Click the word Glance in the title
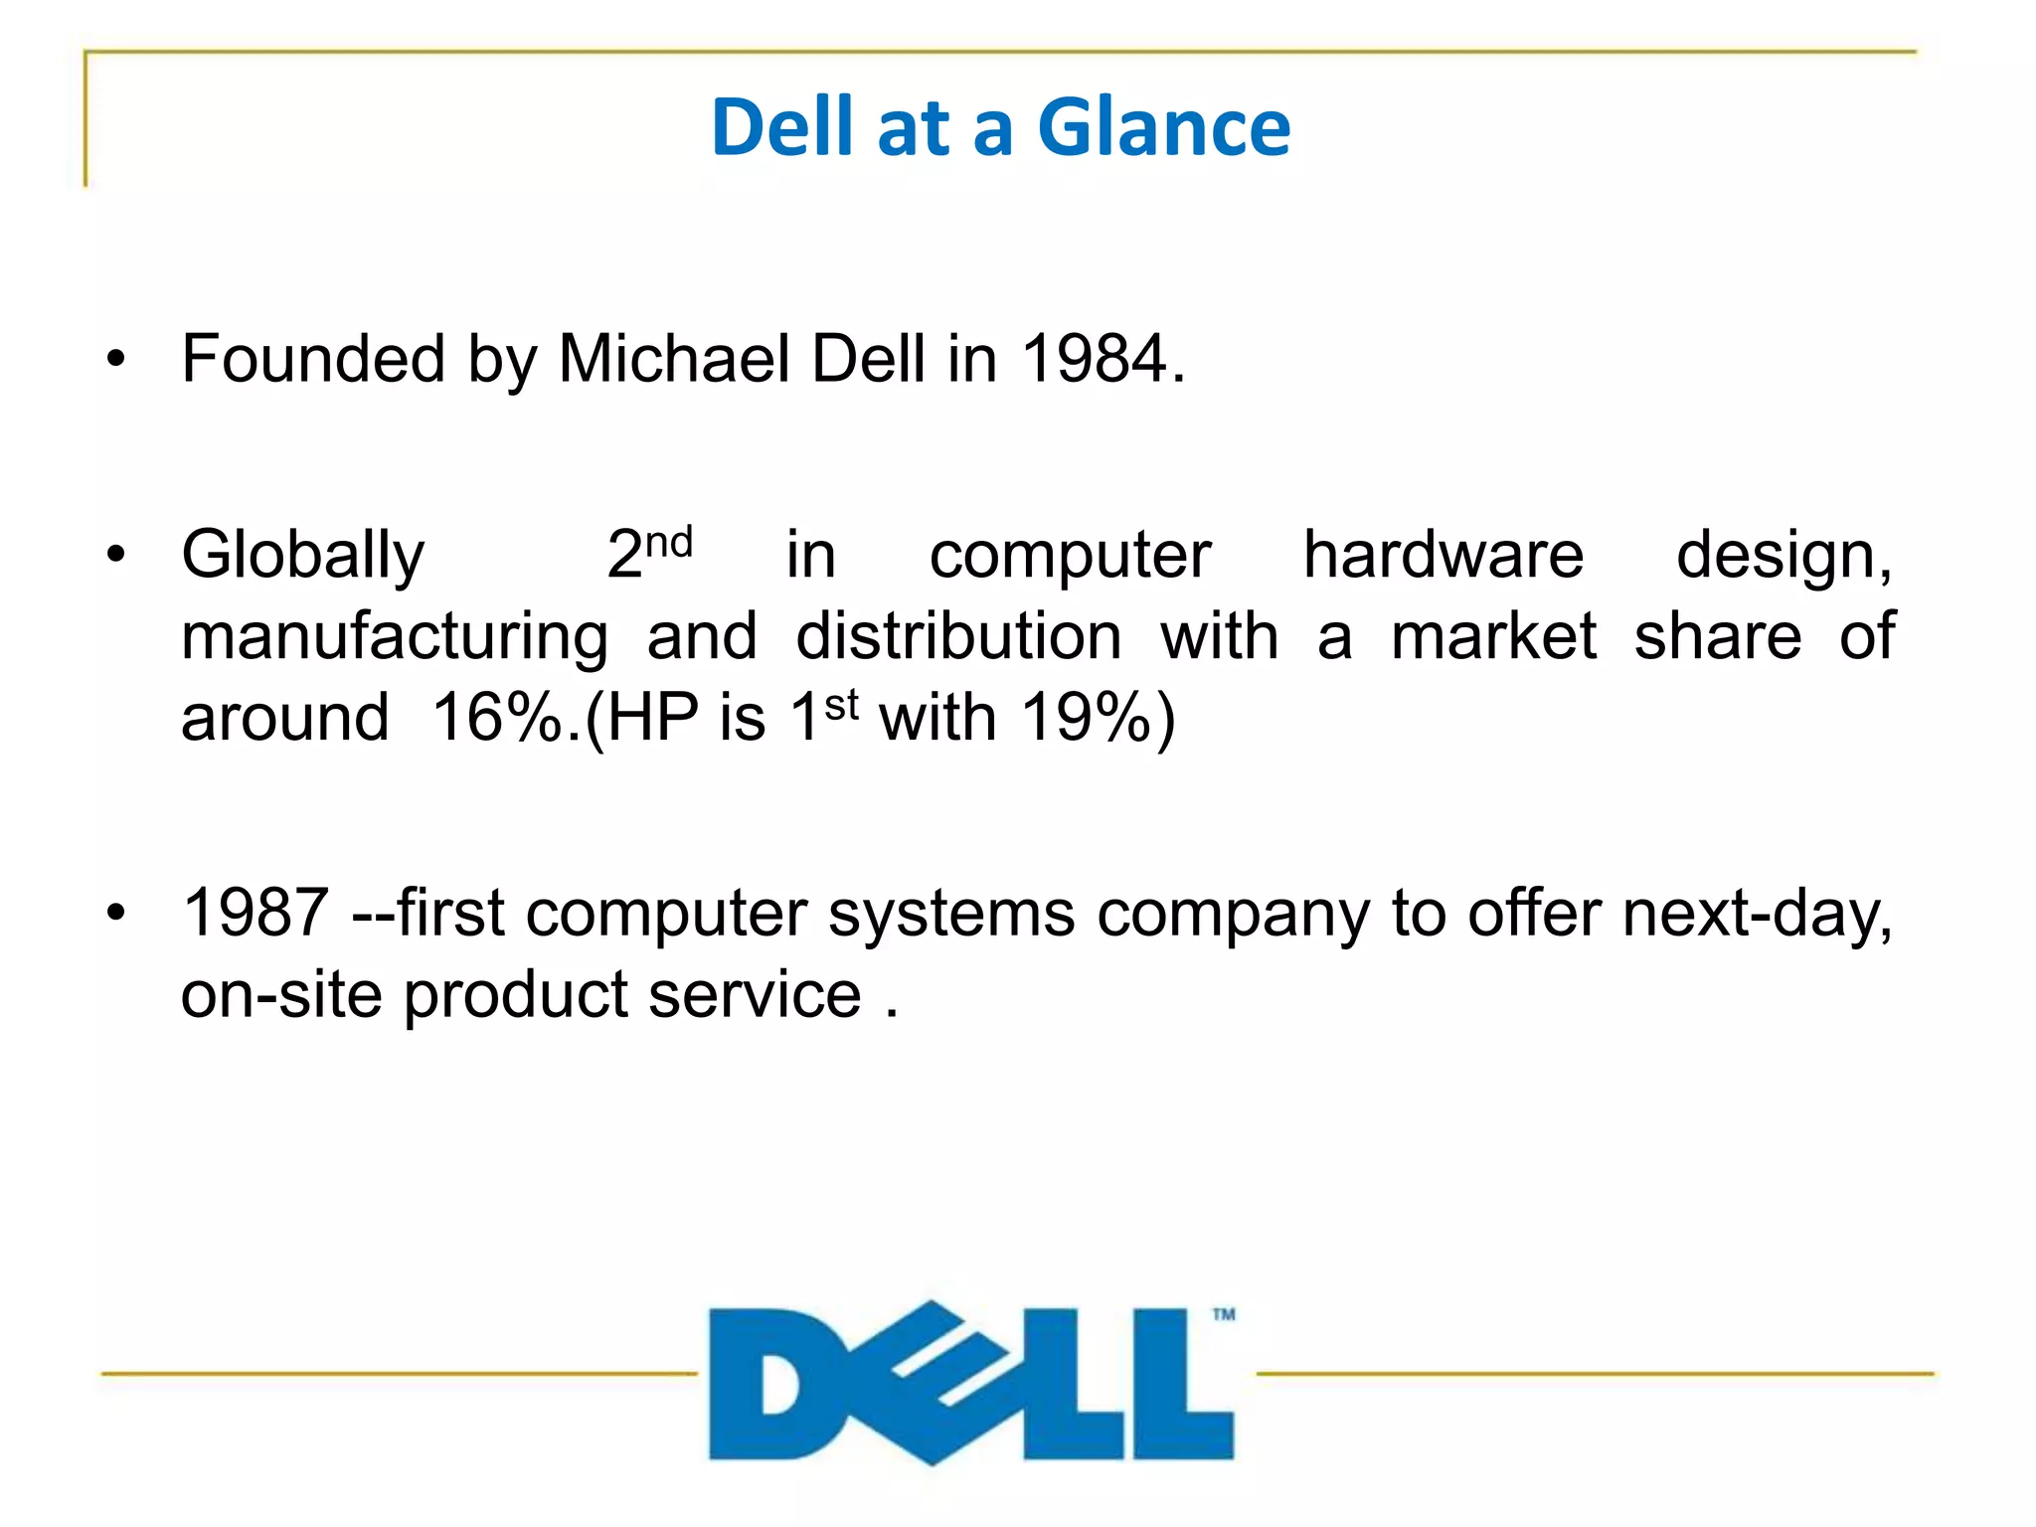(1163, 127)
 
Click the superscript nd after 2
(669, 542)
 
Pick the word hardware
(1442, 554)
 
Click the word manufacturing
(395, 638)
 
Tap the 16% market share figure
(497, 718)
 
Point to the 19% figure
(1086, 718)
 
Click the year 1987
(255, 913)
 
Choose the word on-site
(281, 995)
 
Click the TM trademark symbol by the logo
(1224, 1314)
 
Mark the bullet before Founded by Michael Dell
(117, 360)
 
